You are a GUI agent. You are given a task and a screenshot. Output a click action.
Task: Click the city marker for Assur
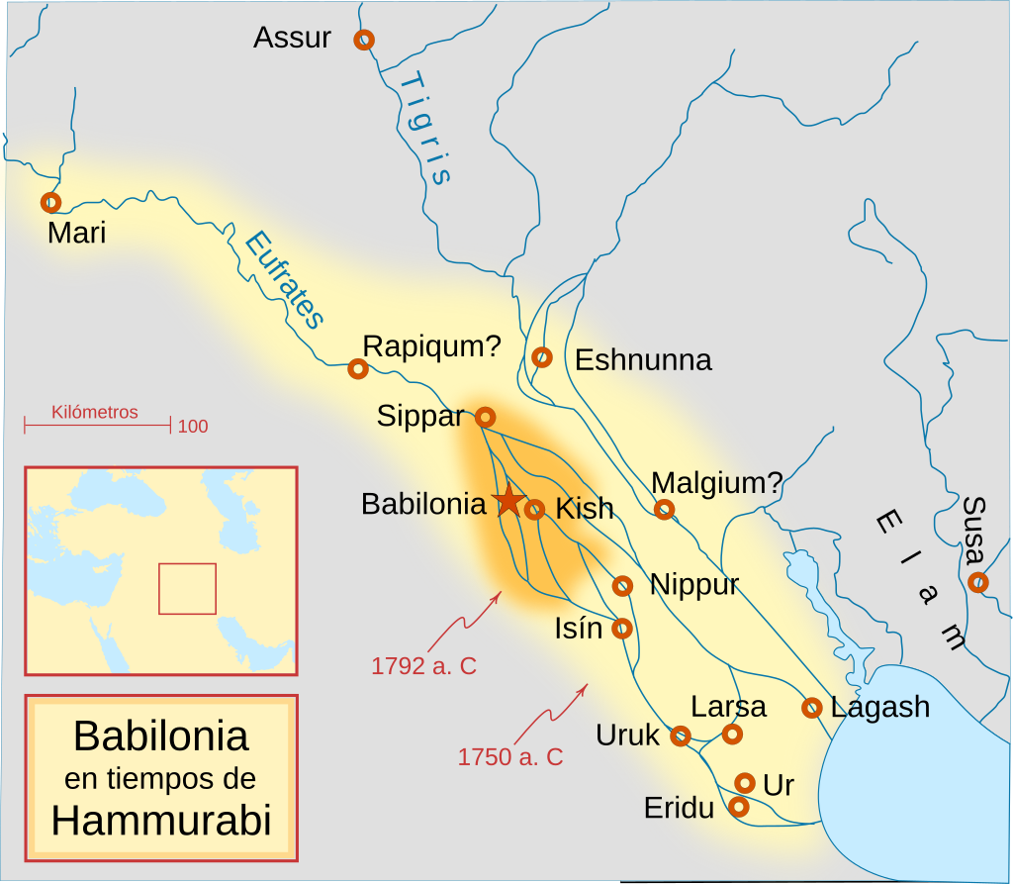(364, 40)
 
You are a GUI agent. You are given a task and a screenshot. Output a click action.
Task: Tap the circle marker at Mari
(50, 202)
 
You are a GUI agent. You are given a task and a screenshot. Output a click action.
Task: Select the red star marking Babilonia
(507, 501)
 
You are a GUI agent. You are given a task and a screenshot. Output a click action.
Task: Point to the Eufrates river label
(285, 279)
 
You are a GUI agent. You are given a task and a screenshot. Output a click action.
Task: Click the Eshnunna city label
(643, 359)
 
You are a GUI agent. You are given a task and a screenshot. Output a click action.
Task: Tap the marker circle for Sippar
(486, 417)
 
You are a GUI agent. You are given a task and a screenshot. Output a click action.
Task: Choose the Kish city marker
(534, 510)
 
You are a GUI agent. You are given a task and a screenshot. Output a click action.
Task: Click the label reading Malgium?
(717, 483)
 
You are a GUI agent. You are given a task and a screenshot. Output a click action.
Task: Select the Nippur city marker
(622, 585)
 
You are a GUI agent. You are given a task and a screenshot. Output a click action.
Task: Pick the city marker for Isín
(622, 628)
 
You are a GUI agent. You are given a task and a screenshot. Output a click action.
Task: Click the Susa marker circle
(977, 582)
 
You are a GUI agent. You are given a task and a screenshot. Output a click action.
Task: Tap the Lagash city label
(880, 707)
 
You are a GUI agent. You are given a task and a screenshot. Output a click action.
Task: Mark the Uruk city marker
(681, 736)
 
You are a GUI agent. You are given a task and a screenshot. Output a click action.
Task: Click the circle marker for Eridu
(738, 807)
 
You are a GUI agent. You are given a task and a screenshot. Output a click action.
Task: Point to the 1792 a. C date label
(423, 666)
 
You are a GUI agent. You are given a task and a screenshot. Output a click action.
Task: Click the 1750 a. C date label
(509, 757)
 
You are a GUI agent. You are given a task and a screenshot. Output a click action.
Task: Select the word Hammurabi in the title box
(161, 822)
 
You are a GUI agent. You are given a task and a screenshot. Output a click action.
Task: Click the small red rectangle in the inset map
(187, 588)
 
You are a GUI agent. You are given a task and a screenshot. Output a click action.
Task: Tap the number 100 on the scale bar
(193, 427)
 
